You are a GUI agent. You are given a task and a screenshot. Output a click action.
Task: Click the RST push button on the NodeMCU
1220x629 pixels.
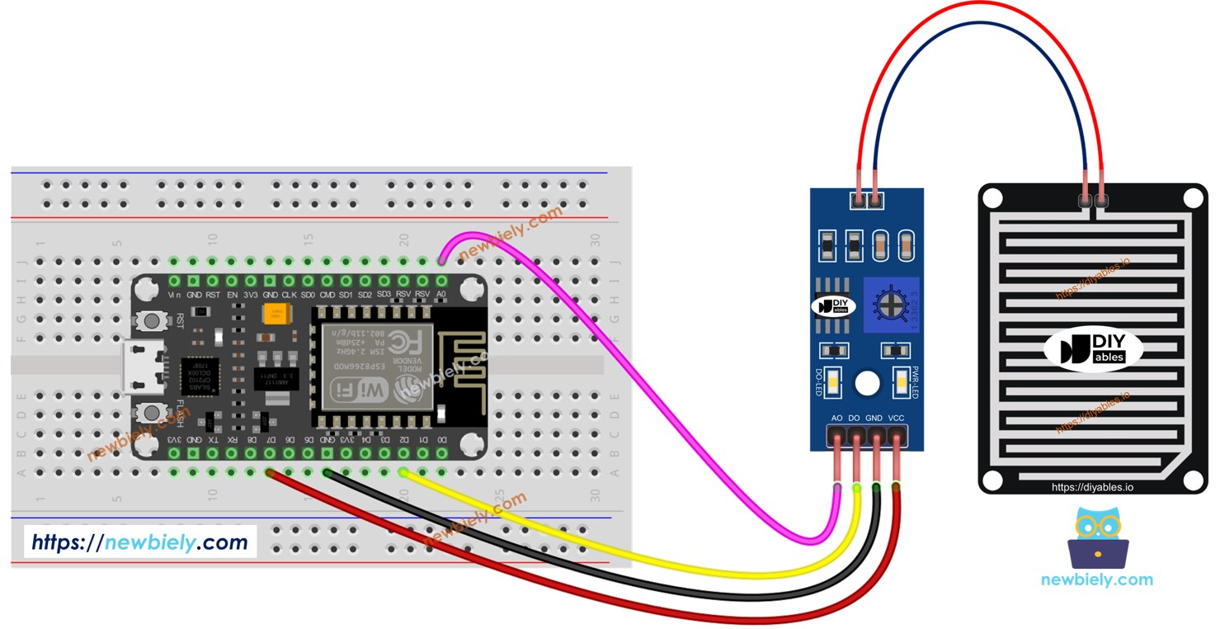click(x=152, y=320)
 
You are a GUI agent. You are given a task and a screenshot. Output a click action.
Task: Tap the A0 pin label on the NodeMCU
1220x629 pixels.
click(x=442, y=294)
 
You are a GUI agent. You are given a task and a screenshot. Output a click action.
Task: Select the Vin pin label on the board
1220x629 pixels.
click(x=175, y=294)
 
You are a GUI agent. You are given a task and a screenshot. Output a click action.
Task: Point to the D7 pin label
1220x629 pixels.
click(x=270, y=440)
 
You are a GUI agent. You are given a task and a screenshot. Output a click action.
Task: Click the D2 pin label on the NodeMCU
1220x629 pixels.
click(x=404, y=440)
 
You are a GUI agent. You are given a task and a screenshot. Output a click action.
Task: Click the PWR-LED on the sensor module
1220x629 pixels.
click(x=901, y=382)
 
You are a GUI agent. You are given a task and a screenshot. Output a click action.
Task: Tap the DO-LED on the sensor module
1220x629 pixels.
click(x=835, y=382)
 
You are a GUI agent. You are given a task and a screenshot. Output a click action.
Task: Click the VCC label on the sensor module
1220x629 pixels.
click(x=897, y=419)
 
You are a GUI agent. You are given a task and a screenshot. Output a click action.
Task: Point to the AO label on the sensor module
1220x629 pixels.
click(x=837, y=419)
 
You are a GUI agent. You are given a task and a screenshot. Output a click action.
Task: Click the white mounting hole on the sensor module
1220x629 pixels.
click(x=866, y=382)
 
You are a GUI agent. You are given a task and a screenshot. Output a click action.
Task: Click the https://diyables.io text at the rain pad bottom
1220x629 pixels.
click(x=1092, y=487)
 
